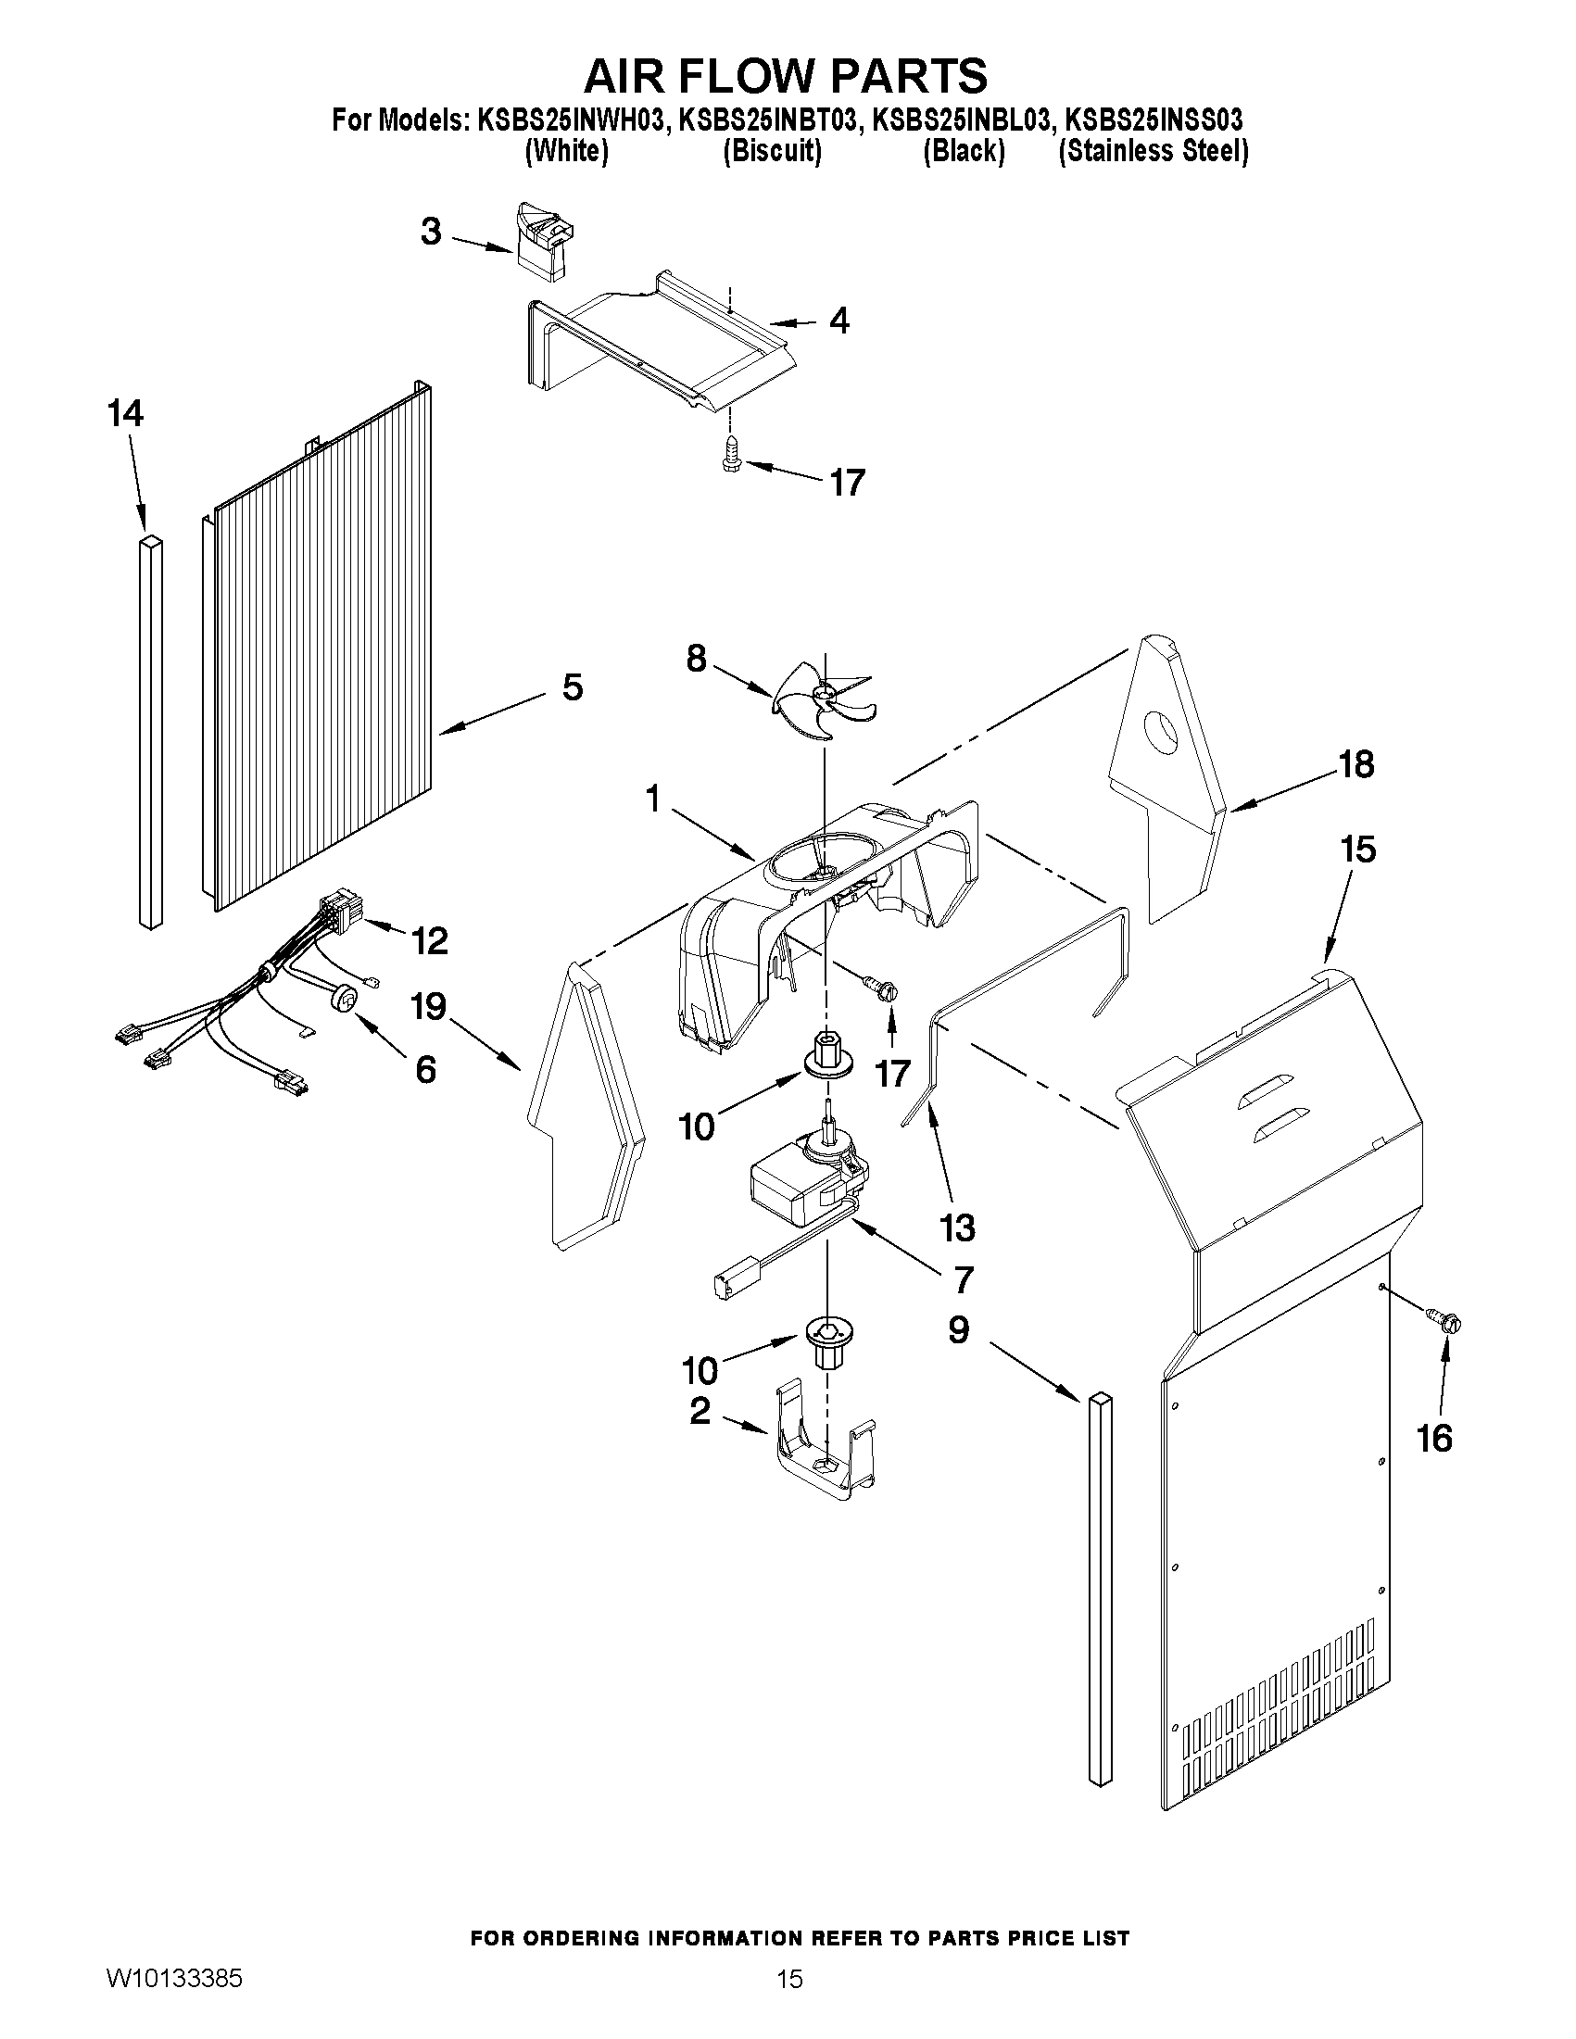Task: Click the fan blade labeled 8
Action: tap(822, 704)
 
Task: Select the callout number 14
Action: tap(126, 412)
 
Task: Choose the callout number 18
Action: tap(1355, 764)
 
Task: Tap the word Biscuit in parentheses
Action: tap(772, 151)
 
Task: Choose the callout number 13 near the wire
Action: tap(958, 1227)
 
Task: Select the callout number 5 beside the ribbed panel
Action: tap(572, 688)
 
